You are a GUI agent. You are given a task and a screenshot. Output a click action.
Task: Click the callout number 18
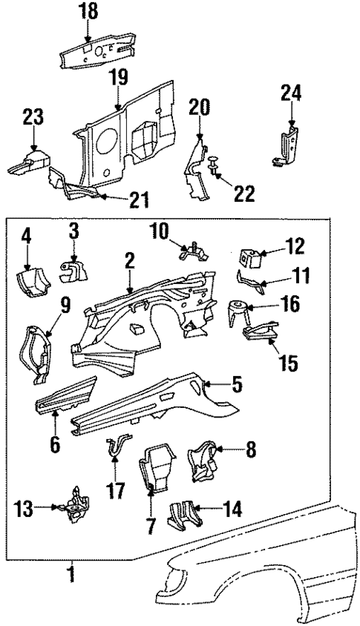tap(89, 13)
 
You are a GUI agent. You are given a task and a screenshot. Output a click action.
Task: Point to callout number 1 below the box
tap(72, 573)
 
